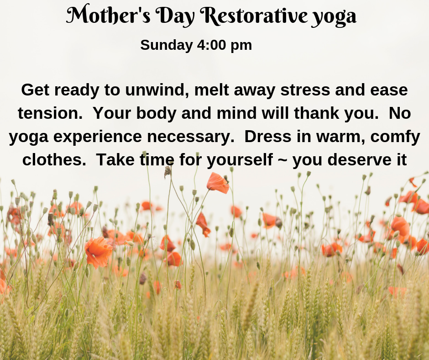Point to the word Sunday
pyautogui.click(x=167, y=45)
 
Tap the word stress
pyautogui.click(x=305, y=90)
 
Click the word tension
pyautogui.click(x=50, y=113)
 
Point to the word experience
pyautogui.click(x=98, y=137)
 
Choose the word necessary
pyautogui.click(x=191, y=137)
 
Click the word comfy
pyautogui.click(x=395, y=137)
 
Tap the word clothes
pyautogui.click(x=54, y=159)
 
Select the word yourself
pyautogui.click(x=240, y=160)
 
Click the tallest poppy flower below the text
pyautogui.click(x=218, y=183)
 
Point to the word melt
pyautogui.click(x=211, y=90)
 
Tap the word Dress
pyautogui.click(x=268, y=137)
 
